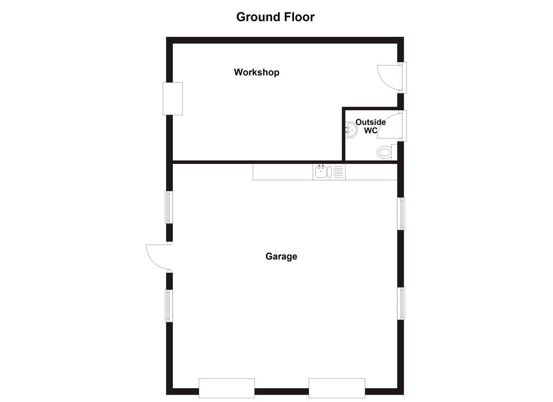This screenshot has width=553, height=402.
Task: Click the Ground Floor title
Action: [275, 17]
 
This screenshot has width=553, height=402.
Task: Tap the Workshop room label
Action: [257, 72]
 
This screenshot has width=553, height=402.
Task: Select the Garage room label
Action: [281, 256]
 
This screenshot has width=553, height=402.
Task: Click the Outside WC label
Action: [371, 127]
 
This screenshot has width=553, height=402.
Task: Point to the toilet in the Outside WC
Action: [384, 152]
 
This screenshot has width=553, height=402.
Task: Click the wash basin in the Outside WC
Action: [350, 130]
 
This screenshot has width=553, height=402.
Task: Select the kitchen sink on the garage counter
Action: [322, 172]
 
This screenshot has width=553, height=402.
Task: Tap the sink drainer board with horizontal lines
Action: [338, 172]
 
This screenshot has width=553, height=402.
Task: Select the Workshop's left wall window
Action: [173, 99]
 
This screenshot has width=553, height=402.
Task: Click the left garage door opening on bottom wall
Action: [227, 388]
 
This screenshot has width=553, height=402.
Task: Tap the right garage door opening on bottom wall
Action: [337, 388]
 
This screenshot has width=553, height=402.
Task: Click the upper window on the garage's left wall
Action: [169, 207]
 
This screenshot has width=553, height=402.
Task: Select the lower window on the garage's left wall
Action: [169, 305]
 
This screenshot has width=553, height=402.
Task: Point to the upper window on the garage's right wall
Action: [401, 213]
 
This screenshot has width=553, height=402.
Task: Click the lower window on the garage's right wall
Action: [401, 303]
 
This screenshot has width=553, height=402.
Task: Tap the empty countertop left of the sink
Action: [282, 172]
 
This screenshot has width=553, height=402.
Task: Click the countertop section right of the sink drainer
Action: [371, 172]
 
